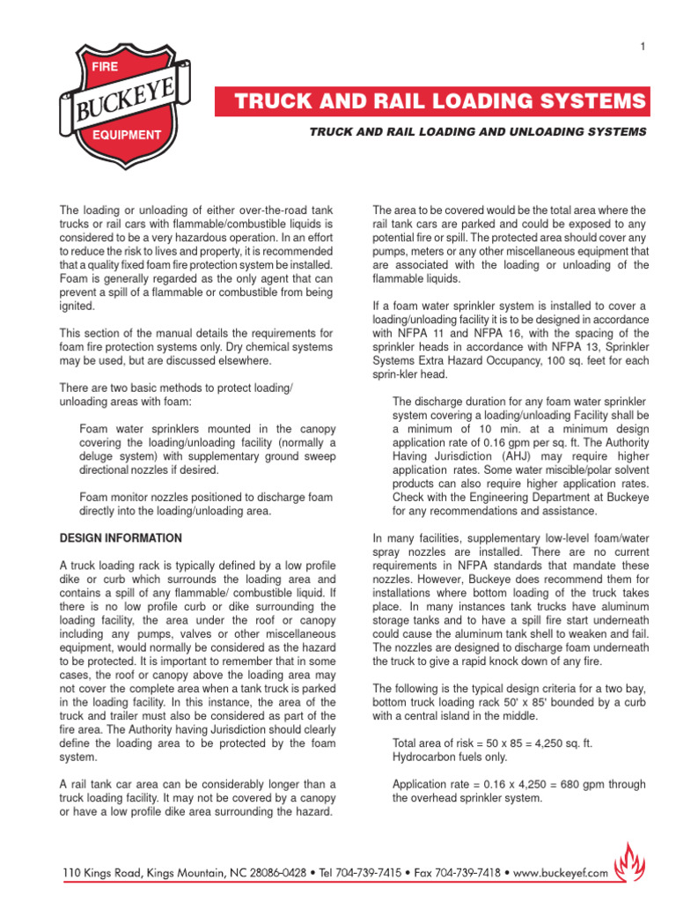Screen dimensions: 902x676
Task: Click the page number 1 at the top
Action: coord(643,46)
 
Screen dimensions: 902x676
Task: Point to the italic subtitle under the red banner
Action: coord(477,131)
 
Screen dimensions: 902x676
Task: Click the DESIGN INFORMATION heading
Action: coord(121,538)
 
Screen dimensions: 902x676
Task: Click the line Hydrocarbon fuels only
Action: coord(448,757)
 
